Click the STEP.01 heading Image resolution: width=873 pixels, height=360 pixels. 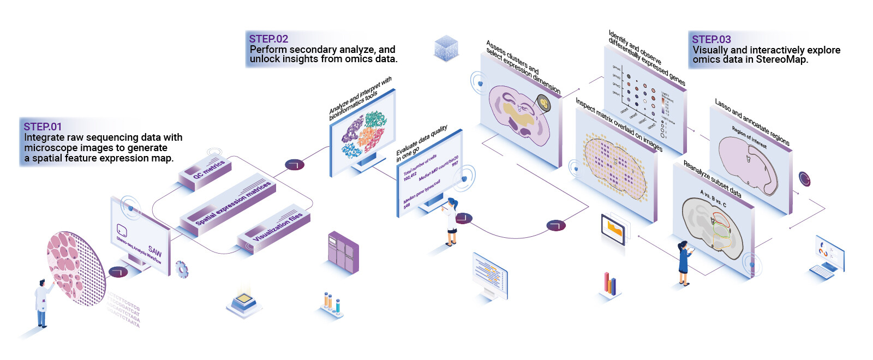tap(43, 127)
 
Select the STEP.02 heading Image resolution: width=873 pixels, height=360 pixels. tap(268, 39)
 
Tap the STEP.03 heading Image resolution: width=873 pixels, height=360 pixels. tap(711, 39)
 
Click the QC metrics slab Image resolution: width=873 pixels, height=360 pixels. tap(208, 171)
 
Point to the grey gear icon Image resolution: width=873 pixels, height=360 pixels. tap(182, 269)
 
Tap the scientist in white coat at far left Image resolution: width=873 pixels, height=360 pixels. tap(41, 303)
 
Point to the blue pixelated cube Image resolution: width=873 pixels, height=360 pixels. tap(446, 47)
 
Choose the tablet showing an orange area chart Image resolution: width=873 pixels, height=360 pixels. tap(613, 229)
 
